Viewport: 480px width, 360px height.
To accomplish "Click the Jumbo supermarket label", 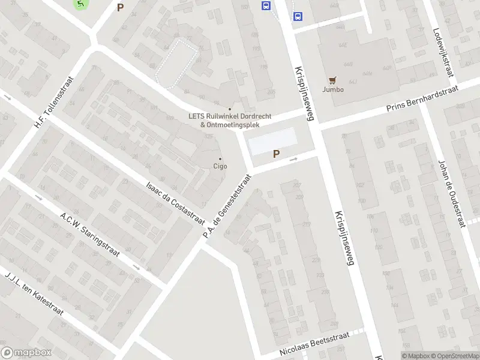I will click(x=333, y=89).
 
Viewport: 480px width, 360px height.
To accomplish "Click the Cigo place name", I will click(x=220, y=166).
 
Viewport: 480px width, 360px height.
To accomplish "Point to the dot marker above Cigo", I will click(x=220, y=158).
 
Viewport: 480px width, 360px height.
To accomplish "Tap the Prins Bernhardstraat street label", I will click(x=422, y=98).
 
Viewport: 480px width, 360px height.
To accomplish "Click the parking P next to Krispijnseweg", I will click(x=276, y=154).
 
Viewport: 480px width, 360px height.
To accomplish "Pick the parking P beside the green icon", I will click(x=120, y=8).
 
